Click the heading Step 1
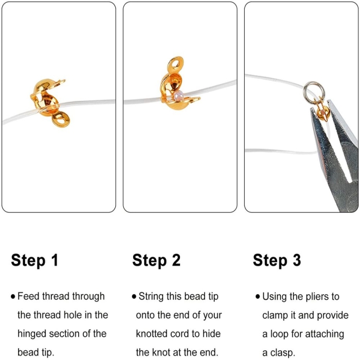pos(34,260)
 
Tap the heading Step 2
pos(156,260)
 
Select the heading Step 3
pos(277,260)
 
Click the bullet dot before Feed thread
pos(13,296)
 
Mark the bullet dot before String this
pos(134,296)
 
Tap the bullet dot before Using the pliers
pos(257,296)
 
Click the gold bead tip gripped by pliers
pos(322,112)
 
